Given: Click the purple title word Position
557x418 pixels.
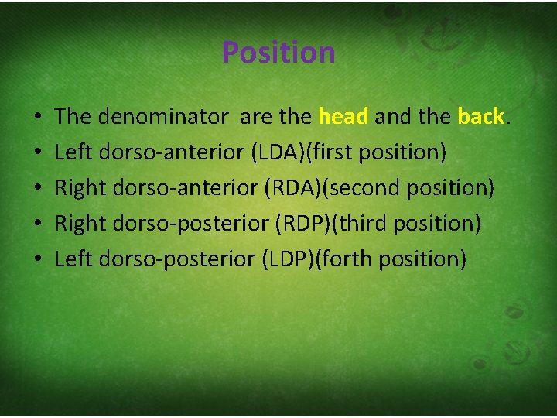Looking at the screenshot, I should coord(278,53).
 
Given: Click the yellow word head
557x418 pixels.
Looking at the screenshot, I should coord(343,117).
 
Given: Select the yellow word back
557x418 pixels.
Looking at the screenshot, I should coord(480,117).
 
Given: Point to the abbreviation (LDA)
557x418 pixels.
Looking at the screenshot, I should coord(279,152).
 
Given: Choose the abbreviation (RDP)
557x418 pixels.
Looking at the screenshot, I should coord(303,224).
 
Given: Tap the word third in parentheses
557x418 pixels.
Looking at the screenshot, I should coord(364,224).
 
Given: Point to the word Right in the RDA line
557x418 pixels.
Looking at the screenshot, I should coord(81,188).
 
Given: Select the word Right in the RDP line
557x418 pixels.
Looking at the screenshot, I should coord(81,224).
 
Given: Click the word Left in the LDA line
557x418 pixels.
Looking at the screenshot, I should coord(73,152).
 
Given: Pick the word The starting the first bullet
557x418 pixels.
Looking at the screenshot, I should coord(73,117).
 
